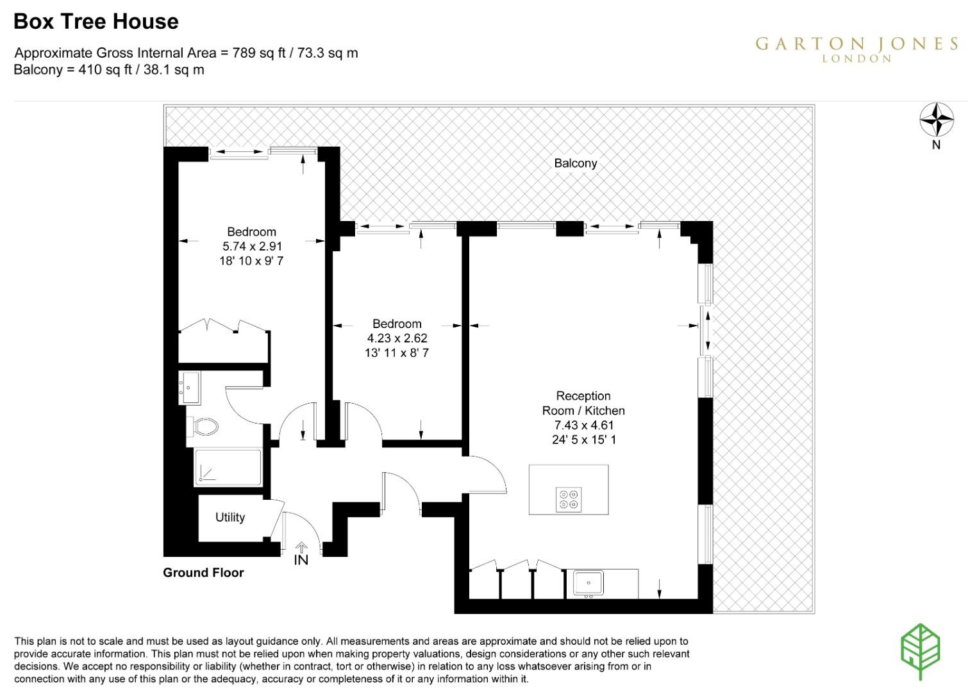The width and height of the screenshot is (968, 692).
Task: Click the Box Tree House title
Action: pos(96,22)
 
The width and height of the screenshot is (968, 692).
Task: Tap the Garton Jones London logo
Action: pos(856,49)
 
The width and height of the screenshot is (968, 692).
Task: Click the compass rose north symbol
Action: pos(937,119)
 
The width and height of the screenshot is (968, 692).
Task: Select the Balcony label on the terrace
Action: pos(576,163)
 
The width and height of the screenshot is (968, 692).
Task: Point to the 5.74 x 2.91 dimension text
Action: pos(252,246)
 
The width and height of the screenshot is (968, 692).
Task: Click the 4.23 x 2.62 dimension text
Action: pos(397,338)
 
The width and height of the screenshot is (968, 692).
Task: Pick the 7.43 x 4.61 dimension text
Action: pos(583,425)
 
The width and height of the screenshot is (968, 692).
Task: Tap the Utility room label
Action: pos(230,517)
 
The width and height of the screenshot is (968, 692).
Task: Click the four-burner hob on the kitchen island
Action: pos(569,499)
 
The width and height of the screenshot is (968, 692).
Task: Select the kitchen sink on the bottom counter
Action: pos(588,583)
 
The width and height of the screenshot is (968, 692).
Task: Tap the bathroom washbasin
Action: pos(190,388)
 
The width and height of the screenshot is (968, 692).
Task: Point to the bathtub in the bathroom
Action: pos(228,467)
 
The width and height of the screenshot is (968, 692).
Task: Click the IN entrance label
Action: pos(301,560)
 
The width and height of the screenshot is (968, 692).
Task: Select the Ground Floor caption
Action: pos(203,573)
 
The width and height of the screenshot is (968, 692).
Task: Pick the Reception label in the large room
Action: pos(583,396)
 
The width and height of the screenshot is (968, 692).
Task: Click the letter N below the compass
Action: pos(937,145)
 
